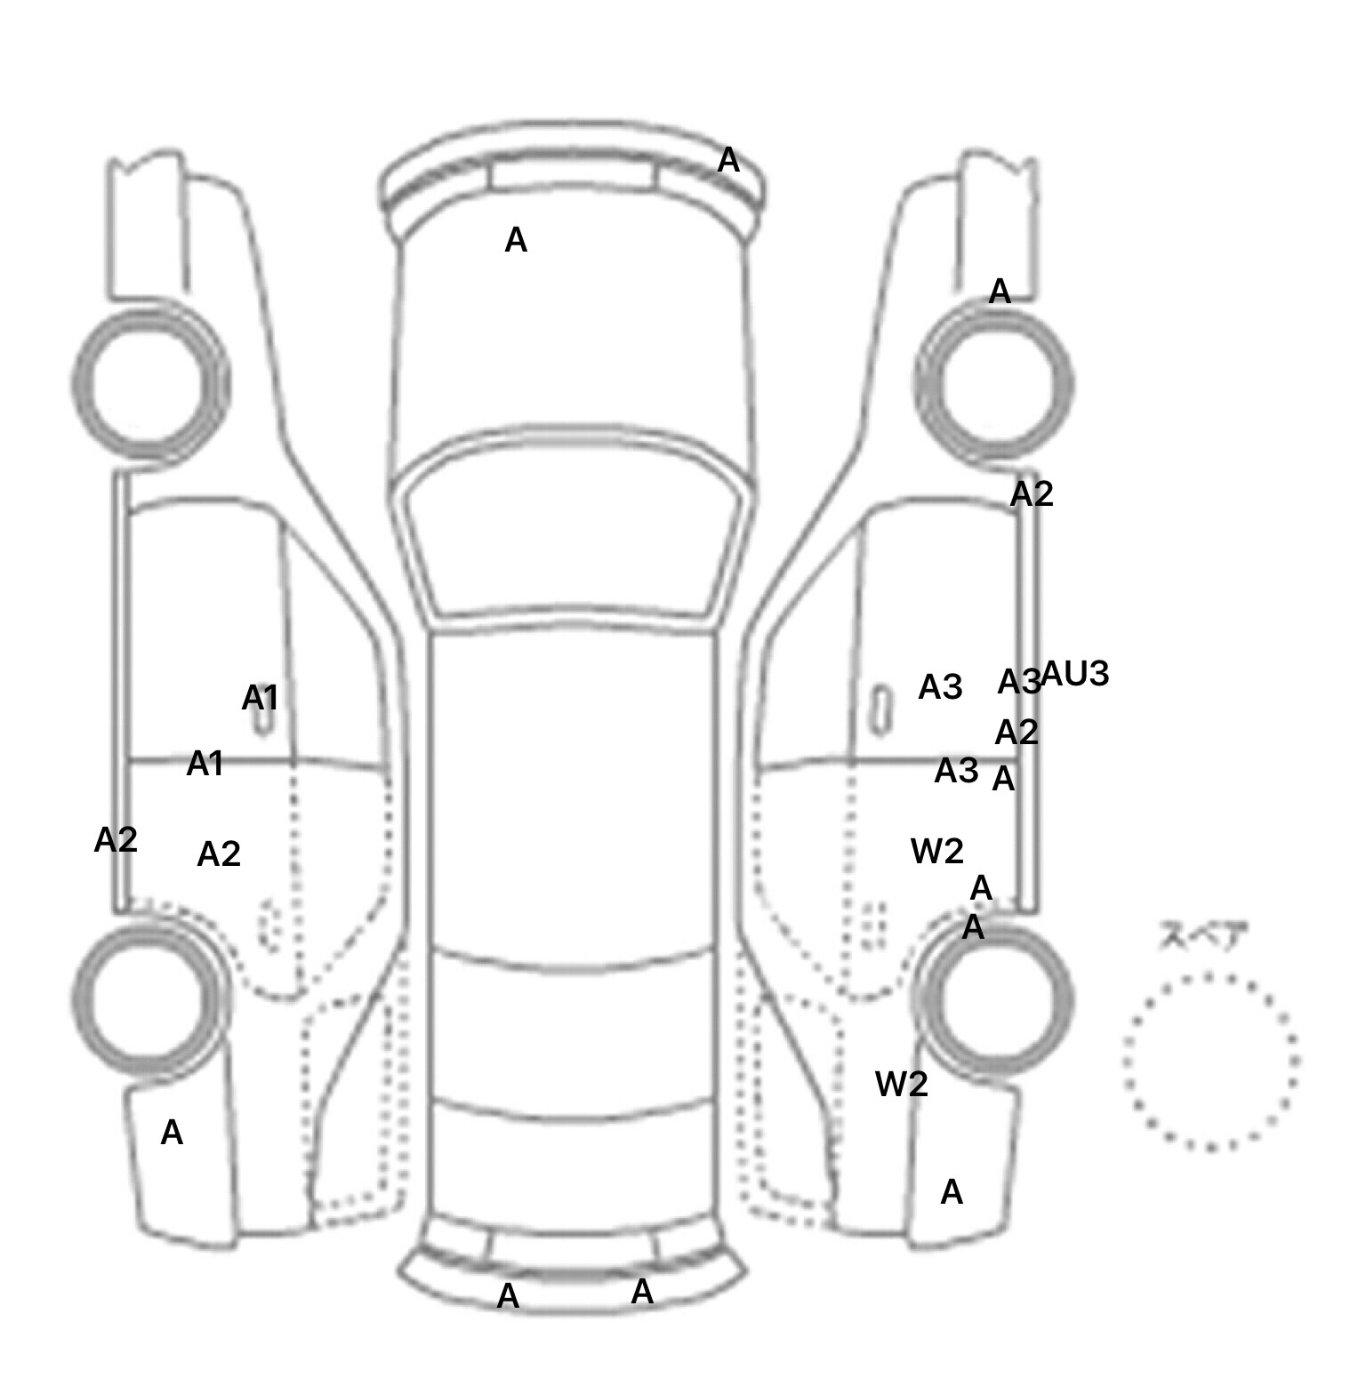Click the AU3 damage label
coord(1075,675)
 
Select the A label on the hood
coord(516,240)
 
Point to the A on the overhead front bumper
coord(728,161)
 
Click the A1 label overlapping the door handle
coord(260,699)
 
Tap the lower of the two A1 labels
coord(205,764)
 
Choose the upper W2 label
coord(936,852)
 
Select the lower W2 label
coord(901,1084)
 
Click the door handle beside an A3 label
coord(880,709)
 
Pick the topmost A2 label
coord(1032,494)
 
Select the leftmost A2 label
coord(116,839)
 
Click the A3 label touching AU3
coord(1018,682)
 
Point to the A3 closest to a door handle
coord(940,686)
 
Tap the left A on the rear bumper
coord(508,1296)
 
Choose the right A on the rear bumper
coord(642,1292)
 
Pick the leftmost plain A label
coord(172,1133)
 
